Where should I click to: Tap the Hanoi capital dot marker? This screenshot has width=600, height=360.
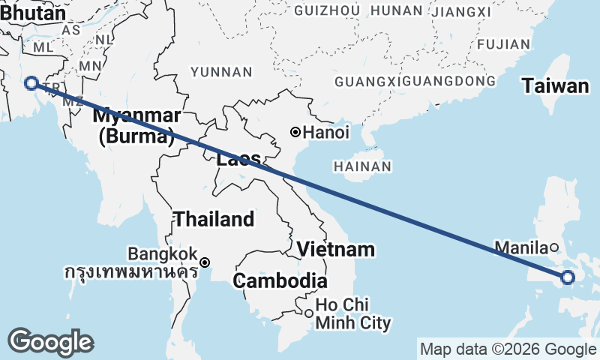click(x=295, y=133)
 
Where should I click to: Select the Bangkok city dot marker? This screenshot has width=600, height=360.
click(x=204, y=262)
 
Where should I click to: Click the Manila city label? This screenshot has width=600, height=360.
click(x=521, y=247)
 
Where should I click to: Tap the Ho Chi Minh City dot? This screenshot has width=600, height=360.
click(x=308, y=313)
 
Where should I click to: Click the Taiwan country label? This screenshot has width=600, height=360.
click(x=556, y=86)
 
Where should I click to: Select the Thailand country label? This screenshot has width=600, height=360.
click(x=214, y=220)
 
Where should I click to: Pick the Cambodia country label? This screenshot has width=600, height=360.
click(x=280, y=281)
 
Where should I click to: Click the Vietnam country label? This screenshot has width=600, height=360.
click(x=335, y=249)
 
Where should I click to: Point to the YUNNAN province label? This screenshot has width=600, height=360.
click(x=221, y=72)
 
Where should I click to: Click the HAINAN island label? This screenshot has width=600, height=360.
click(x=363, y=166)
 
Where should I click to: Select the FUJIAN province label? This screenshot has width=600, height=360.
click(x=502, y=44)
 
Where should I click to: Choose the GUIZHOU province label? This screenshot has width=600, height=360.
click(x=328, y=10)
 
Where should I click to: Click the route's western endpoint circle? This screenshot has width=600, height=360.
click(x=31, y=83)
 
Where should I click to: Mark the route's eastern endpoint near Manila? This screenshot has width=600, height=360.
click(x=567, y=278)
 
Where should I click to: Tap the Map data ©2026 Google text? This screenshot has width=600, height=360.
click(x=508, y=349)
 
